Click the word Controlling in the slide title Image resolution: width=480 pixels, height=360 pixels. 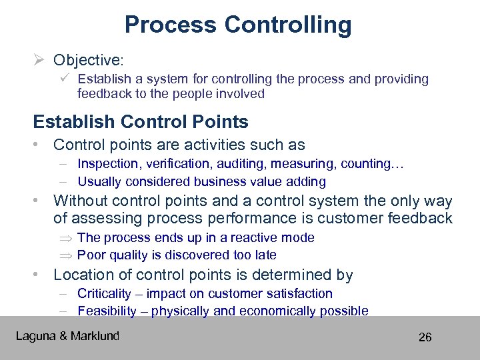tap(287, 25)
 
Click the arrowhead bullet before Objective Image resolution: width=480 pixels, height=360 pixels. tap(39, 60)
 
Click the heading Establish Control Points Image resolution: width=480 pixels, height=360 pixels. tap(141, 122)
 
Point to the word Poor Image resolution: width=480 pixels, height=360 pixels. tap(91, 255)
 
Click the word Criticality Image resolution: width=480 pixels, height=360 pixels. tap(105, 293)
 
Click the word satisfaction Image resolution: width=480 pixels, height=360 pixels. tap(301, 293)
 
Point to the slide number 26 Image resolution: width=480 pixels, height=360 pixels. tap(425, 337)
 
